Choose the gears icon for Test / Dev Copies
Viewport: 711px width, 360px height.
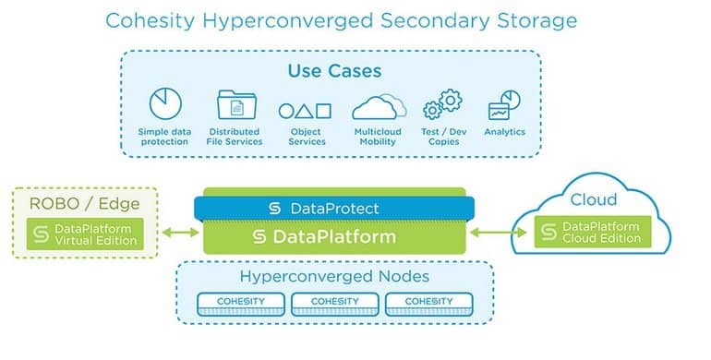pos(442,105)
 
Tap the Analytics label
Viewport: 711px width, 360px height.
pos(504,132)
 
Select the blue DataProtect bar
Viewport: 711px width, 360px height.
pos(332,209)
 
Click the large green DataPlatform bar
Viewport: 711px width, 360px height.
pos(332,237)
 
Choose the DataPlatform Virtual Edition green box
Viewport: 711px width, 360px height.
pos(85,234)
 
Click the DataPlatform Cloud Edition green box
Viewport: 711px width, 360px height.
pos(592,234)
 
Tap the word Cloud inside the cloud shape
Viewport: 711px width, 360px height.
pos(593,200)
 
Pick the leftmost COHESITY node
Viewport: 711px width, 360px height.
pos(239,302)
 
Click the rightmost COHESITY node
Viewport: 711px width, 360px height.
pos(427,302)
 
